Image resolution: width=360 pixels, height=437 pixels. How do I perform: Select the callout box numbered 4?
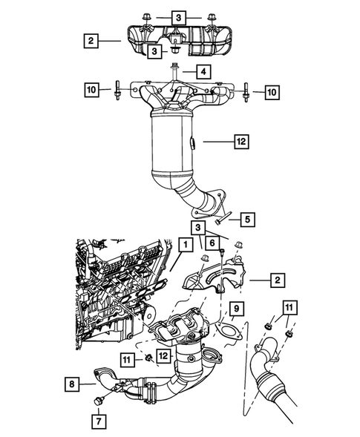coord(201,72)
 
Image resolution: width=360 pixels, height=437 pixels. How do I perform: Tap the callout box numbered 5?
coord(247,219)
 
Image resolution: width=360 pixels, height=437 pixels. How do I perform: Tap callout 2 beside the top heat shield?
coord(91,42)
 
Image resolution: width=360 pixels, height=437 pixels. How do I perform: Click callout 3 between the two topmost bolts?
coord(179,16)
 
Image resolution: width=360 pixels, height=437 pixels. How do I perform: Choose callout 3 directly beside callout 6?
coord(199,226)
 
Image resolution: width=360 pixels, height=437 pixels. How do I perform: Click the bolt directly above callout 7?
coord(98,401)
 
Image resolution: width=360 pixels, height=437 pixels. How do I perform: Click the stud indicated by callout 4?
coord(173,72)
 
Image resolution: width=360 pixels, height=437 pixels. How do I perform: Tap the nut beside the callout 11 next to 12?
coord(148,358)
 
